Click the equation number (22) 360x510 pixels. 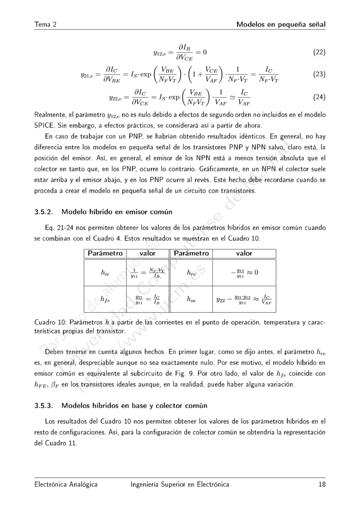(320, 52)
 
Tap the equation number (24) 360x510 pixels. (320, 97)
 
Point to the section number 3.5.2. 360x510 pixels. (44, 212)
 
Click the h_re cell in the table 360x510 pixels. (191, 272)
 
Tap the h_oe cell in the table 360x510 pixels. (191, 299)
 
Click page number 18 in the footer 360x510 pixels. (322, 485)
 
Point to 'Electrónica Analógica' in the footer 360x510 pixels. (66, 485)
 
